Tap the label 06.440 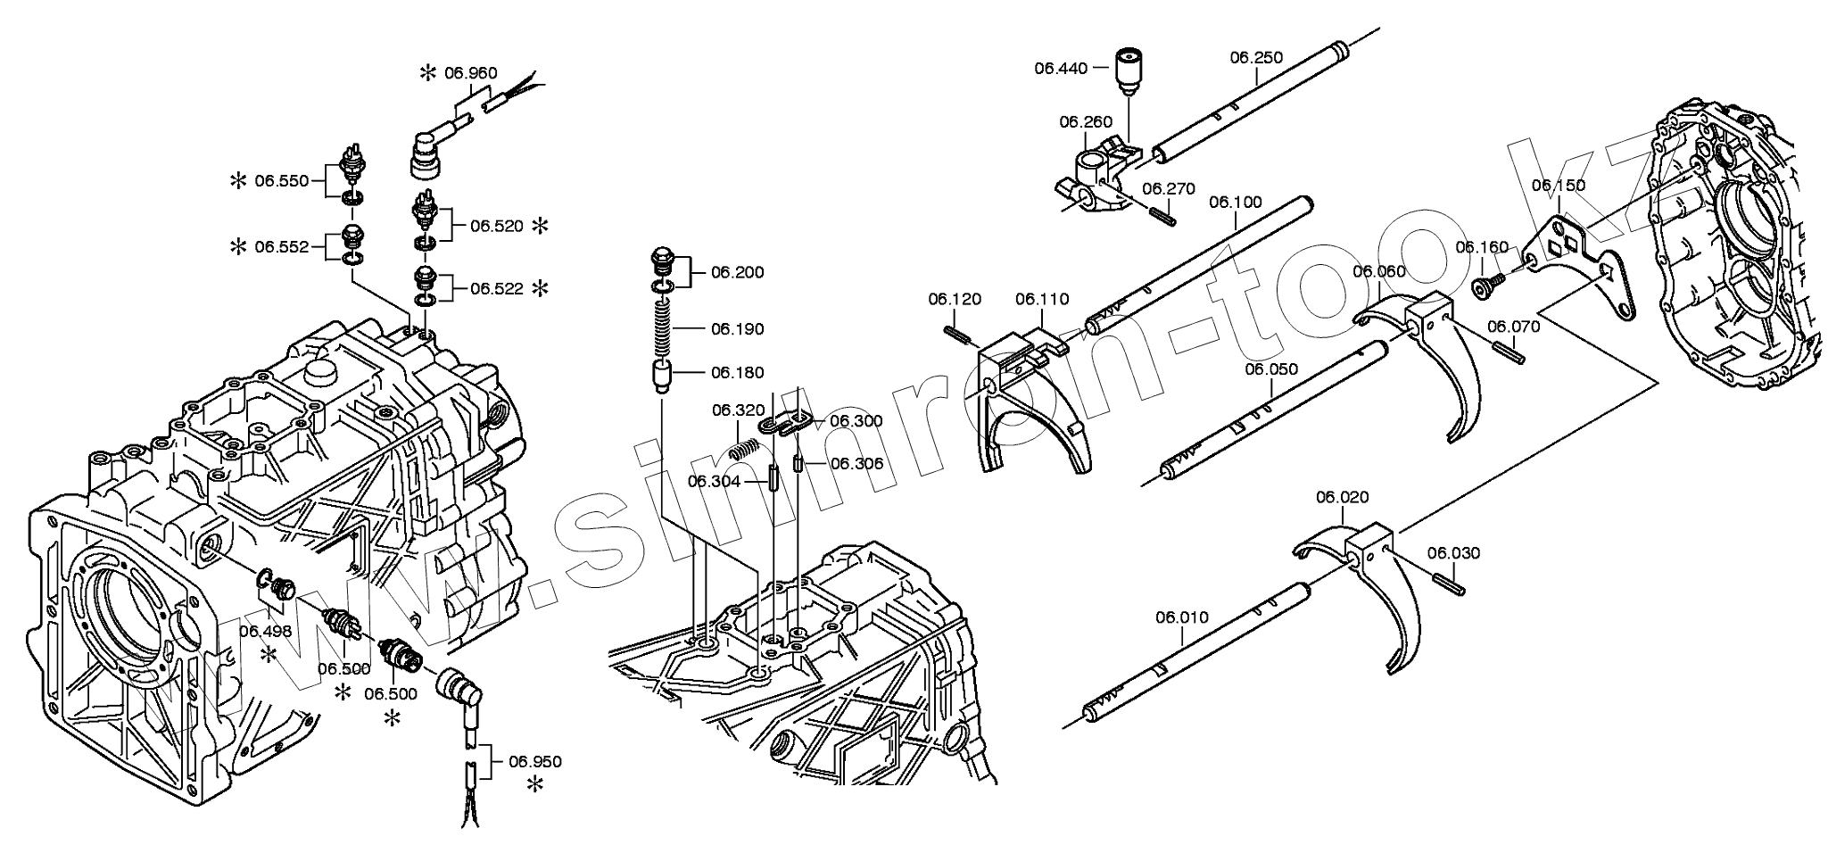(x=1061, y=67)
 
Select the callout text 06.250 (x=1256, y=58)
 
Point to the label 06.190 (x=737, y=329)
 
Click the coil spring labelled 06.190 (x=663, y=328)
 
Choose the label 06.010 (x=1182, y=617)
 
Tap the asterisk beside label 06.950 (x=535, y=785)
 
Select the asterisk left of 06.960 (x=429, y=73)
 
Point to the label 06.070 (x=1514, y=327)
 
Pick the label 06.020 (x=1342, y=497)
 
